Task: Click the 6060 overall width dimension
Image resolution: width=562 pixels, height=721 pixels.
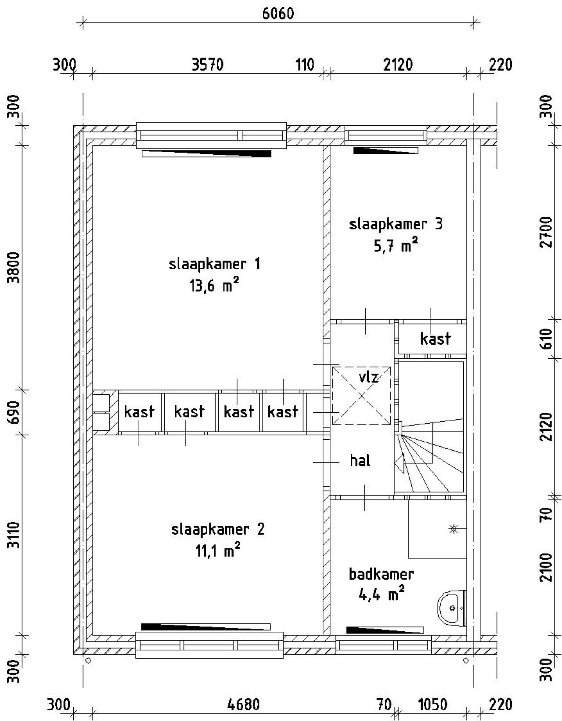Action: click(x=278, y=14)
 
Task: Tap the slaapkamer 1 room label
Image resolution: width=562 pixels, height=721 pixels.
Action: click(x=214, y=264)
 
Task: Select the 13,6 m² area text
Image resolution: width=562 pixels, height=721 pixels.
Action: click(x=214, y=286)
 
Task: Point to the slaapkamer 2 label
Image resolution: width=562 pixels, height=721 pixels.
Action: click(x=218, y=529)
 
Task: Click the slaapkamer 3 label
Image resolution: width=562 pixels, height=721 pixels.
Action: click(x=396, y=224)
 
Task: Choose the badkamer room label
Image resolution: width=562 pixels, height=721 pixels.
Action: click(x=381, y=574)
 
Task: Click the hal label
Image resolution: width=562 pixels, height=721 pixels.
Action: click(x=360, y=461)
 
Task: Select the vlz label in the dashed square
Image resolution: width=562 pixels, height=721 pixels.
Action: click(x=368, y=377)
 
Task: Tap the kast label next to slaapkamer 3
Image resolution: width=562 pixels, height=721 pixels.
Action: click(x=435, y=339)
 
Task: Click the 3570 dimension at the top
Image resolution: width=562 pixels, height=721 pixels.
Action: click(x=208, y=65)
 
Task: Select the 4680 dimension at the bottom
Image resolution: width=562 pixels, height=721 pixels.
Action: click(x=244, y=705)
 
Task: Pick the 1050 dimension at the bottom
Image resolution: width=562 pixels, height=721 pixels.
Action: click(x=432, y=705)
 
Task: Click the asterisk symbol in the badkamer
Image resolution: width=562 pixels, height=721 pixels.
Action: click(x=453, y=529)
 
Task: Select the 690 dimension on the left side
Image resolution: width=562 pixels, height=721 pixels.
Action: click(x=14, y=412)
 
